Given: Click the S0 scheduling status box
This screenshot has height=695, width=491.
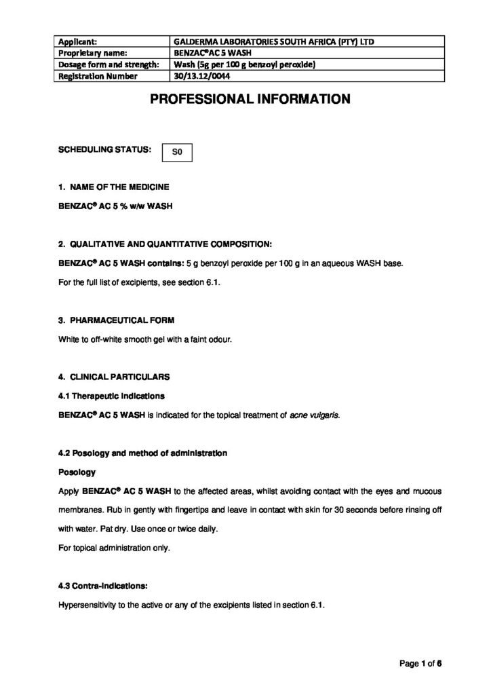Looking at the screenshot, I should pyautogui.click(x=178, y=153).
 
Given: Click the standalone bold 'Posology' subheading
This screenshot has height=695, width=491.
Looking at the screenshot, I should pyautogui.click(x=77, y=471).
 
